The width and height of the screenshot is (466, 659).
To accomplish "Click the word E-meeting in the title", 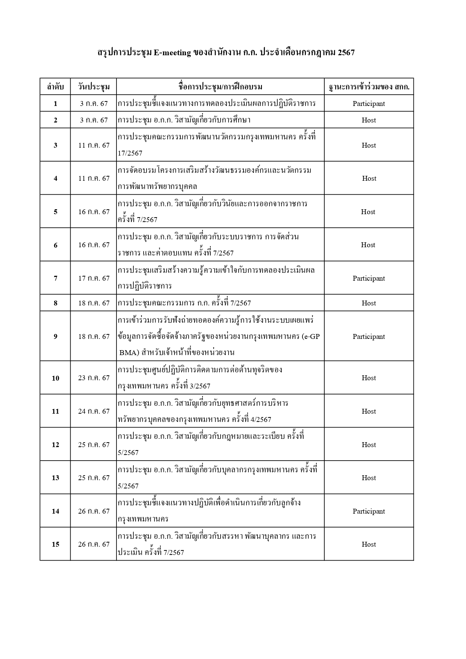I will [172, 53].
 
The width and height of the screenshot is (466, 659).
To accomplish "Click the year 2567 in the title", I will [346, 53].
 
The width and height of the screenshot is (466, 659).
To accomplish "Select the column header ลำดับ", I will [55, 87].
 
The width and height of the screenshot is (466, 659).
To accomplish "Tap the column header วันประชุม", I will [94, 87].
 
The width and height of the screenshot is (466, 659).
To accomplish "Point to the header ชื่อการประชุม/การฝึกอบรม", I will [220, 87].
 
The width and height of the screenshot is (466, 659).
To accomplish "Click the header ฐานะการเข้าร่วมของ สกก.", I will [369, 87].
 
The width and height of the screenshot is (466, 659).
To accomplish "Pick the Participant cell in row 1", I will [369, 104].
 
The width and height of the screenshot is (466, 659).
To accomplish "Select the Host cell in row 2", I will [369, 120].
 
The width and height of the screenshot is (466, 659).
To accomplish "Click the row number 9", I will [55, 337].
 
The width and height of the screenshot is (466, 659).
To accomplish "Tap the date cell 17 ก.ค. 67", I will [94, 278].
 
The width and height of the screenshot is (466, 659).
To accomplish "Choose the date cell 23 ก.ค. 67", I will [94, 378].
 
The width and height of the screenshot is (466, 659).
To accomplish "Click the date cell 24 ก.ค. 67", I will [94, 411].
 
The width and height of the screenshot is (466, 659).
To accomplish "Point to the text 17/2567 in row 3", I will [130, 153].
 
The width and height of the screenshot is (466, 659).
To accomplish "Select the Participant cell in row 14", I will [369, 511].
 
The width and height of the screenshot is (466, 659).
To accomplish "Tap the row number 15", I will [55, 544].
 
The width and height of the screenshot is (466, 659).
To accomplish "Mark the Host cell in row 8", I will [369, 303].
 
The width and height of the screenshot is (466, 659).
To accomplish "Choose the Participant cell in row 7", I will [369, 278].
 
